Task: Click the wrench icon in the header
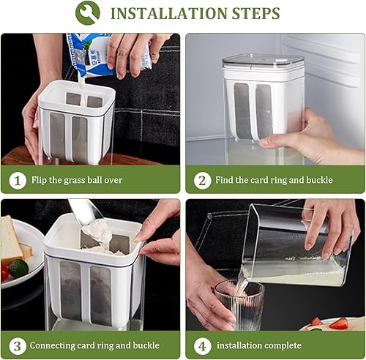click(89, 13)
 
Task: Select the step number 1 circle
click(17, 179)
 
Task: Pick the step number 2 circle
click(202, 179)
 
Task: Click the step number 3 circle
click(17, 345)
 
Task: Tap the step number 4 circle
click(202, 345)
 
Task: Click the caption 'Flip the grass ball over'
click(77, 180)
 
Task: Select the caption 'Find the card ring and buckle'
click(274, 180)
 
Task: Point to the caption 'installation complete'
click(259, 345)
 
